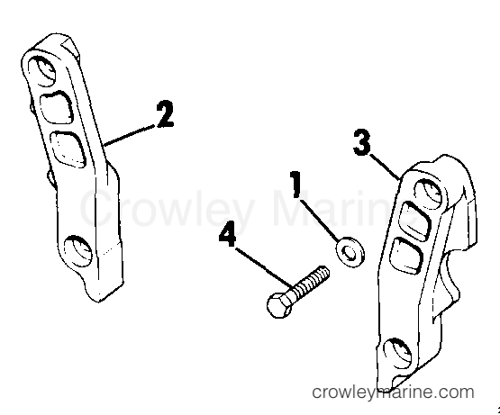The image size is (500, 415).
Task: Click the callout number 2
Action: pyautogui.click(x=165, y=114)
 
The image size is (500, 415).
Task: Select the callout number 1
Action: pyautogui.click(x=295, y=185)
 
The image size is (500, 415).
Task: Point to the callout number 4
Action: pyautogui.click(x=227, y=235)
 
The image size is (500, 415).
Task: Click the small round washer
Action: pyautogui.click(x=350, y=252)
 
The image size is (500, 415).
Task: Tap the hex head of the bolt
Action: pyautogui.click(x=279, y=305)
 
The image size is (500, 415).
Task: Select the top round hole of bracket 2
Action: pyautogui.click(x=41, y=71)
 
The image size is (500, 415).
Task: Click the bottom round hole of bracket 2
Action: pyautogui.click(x=77, y=252)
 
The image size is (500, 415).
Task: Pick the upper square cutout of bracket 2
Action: pyautogui.click(x=56, y=107)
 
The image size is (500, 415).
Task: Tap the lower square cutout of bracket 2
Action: pyautogui.click(x=68, y=149)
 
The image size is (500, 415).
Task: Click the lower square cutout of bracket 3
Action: pyautogui.click(x=407, y=256)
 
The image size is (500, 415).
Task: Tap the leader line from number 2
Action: pyautogui.click(x=131, y=136)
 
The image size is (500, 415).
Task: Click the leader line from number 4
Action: pyautogui.click(x=264, y=266)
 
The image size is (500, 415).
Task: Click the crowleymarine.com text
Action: pyautogui.click(x=393, y=392)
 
